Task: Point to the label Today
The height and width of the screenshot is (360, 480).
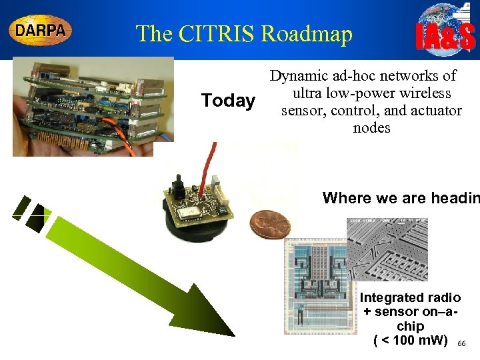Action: (228, 101)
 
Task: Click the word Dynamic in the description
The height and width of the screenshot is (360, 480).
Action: (298, 77)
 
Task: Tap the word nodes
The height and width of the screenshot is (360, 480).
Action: (371, 127)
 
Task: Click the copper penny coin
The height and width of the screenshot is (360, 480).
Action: (270, 224)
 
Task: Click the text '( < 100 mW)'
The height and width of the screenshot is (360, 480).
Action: (410, 341)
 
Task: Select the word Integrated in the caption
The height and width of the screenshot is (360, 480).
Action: (391, 298)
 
